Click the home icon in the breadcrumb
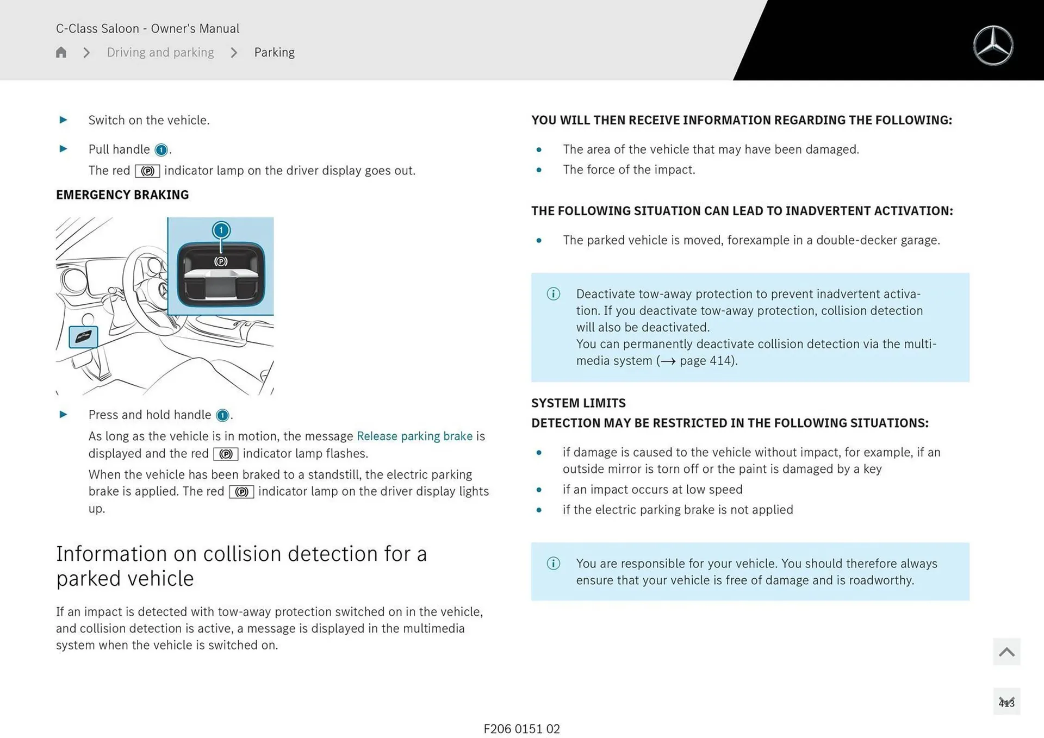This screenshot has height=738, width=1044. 61,52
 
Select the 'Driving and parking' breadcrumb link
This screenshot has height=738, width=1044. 160,52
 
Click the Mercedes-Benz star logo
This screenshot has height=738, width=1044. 993,46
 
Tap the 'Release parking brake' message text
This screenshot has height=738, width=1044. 414,436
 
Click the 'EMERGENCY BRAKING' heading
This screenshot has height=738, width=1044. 122,195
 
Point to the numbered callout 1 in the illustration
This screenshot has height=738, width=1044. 221,230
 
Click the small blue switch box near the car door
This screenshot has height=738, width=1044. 83,337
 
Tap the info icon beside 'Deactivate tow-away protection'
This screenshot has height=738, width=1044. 553,294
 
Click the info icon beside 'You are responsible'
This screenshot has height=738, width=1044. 553,564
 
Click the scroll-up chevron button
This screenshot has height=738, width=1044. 1006,652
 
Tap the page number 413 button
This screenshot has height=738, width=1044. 1006,702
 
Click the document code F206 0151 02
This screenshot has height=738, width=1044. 521,729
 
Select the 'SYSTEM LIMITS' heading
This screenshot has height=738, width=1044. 578,403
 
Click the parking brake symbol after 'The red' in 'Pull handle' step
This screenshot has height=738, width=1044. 147,171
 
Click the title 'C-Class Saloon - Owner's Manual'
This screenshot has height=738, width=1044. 147,28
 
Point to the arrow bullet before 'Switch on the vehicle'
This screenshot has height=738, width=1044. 63,120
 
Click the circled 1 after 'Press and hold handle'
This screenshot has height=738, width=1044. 222,415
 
